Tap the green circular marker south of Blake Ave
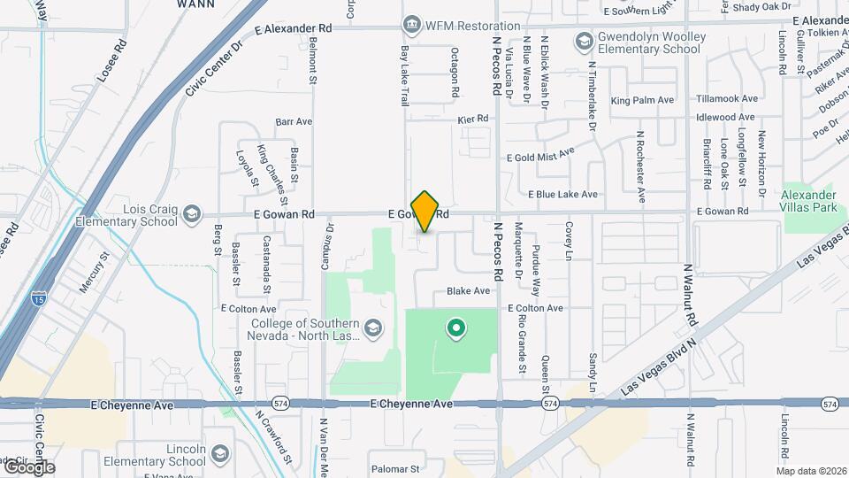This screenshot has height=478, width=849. (x=456, y=330)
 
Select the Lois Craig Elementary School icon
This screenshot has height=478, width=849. (x=192, y=213)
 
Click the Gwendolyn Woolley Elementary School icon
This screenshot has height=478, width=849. (x=584, y=41)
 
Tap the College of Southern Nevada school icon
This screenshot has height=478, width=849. (x=374, y=329)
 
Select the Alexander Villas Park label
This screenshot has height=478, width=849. (x=809, y=201)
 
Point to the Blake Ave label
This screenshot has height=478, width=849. (x=468, y=290)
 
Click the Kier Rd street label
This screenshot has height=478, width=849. (x=473, y=119)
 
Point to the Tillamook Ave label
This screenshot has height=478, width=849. (x=727, y=99)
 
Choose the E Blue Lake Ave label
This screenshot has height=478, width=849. (x=563, y=194)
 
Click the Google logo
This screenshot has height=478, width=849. (x=28, y=466)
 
